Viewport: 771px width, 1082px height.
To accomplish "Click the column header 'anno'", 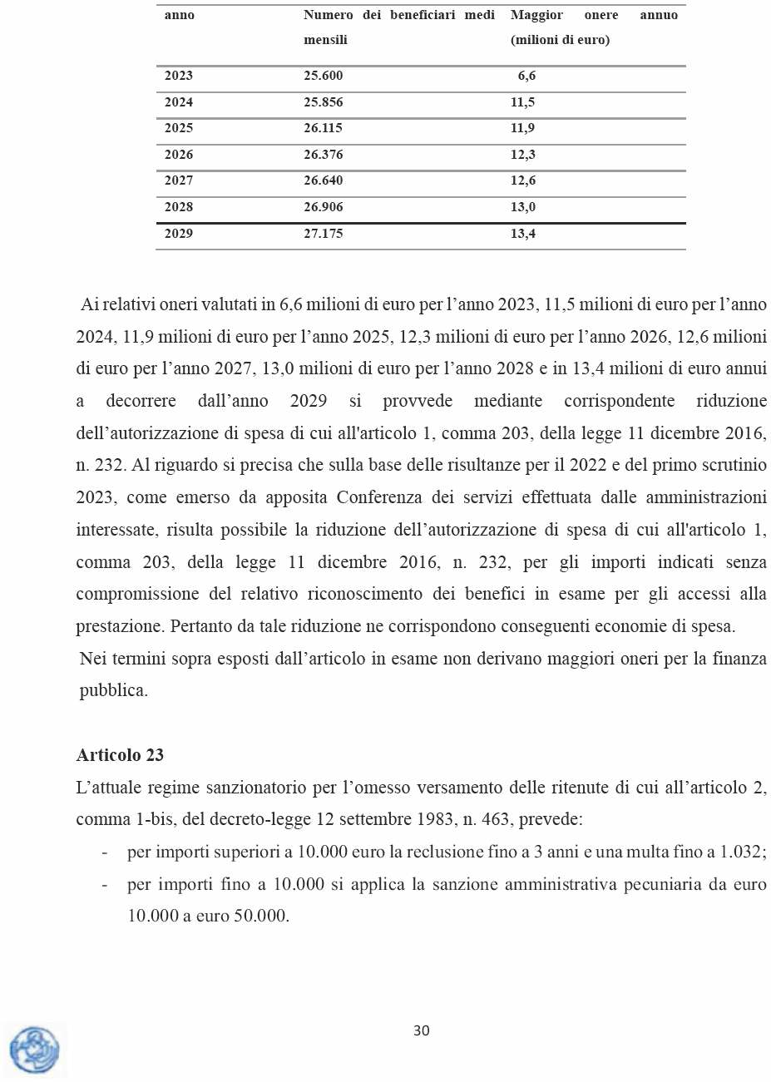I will pyautogui.click(x=179, y=15).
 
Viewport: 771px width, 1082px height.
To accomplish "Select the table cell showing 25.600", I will pyautogui.click(x=323, y=76).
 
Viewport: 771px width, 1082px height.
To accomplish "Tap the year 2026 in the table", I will pyautogui.click(x=178, y=155).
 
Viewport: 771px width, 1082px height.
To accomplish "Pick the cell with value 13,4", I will pyautogui.click(x=522, y=234).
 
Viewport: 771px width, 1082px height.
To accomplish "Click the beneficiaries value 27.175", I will pyautogui.click(x=323, y=234).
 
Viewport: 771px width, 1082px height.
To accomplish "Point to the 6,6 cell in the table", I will pyautogui.click(x=526, y=76).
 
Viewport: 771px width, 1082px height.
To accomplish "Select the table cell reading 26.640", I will pyautogui.click(x=323, y=180).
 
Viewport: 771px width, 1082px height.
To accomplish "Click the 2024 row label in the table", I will pyautogui.click(x=178, y=102).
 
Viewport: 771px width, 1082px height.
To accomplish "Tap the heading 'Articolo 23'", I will pyautogui.click(x=120, y=755).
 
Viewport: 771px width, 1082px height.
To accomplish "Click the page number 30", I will pyautogui.click(x=422, y=1031).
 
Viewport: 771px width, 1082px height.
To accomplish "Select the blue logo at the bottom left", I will pyautogui.click(x=35, y=1050).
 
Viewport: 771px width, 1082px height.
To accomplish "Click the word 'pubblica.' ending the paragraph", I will pyautogui.click(x=113, y=690).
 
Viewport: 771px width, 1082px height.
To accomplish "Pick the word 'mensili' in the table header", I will pyautogui.click(x=325, y=40).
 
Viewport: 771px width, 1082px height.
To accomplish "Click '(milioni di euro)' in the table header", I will pyautogui.click(x=560, y=40).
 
